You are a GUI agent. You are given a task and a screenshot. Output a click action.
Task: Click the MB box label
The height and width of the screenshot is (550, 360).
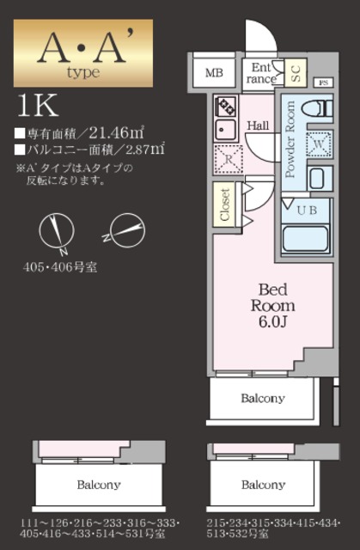214,73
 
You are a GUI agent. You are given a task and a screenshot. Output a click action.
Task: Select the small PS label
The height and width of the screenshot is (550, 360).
324,83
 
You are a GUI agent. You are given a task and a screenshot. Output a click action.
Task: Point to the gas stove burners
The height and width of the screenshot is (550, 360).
226,107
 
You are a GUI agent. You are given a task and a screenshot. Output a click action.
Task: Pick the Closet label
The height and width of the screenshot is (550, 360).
226,204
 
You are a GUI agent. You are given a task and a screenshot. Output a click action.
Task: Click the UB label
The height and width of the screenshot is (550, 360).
305,209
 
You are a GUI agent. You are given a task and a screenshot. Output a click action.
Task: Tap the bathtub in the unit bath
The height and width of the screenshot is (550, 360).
305,236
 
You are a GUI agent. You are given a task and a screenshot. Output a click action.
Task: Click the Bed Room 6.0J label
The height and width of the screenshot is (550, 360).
272,305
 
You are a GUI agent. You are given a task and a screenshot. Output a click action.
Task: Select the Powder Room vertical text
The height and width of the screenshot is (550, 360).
290,140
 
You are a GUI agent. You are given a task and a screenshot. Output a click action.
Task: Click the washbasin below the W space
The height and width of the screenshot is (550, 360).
317,179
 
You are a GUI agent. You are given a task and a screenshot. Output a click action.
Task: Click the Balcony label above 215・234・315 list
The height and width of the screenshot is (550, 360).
263,485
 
